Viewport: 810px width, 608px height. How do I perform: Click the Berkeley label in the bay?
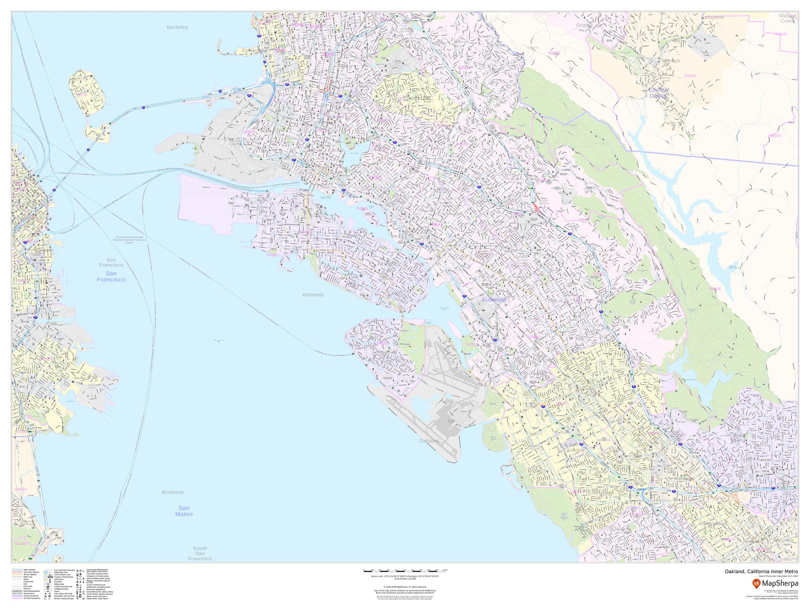[x=177, y=27]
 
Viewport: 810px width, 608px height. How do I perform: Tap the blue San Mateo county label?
[x=184, y=511]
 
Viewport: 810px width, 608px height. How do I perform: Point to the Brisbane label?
[x=173, y=492]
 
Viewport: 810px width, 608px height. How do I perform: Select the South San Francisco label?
[x=200, y=553]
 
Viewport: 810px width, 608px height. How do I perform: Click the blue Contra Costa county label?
[x=658, y=93]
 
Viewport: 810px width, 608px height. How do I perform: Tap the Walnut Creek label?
[x=787, y=18]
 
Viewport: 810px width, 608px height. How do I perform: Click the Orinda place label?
[x=584, y=25]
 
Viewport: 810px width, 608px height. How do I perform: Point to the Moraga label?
[x=671, y=61]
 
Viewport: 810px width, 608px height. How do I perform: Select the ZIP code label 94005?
[x=21, y=490]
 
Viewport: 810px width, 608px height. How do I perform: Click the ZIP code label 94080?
[x=20, y=544]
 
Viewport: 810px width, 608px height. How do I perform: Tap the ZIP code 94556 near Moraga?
[x=690, y=76]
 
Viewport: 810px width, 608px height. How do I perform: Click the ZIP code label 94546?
[x=715, y=289]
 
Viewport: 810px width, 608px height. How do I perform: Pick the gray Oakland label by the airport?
[x=428, y=441]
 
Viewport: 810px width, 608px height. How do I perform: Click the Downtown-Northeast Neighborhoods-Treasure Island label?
[x=129, y=240]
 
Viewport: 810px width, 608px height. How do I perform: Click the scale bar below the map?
[x=405, y=571]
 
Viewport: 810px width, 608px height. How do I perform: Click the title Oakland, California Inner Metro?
[x=761, y=572]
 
